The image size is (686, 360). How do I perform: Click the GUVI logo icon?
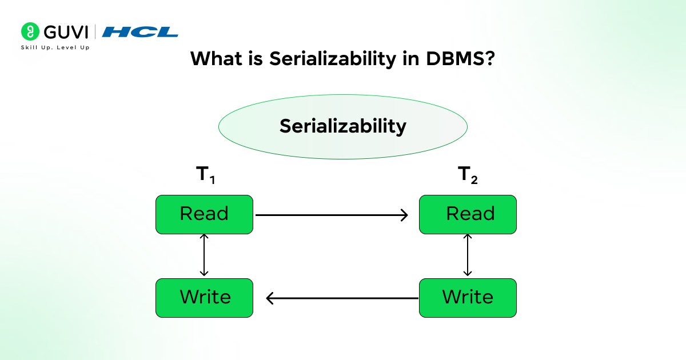coord(29,31)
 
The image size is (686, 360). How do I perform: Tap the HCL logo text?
coord(140,32)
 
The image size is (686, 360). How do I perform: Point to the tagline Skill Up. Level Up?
coord(55,47)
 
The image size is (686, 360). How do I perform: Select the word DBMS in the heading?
coord(446,58)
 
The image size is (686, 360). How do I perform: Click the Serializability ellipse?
coord(343,126)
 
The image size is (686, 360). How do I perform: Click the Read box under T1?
coord(204,214)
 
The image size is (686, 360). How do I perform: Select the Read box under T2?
coord(468,214)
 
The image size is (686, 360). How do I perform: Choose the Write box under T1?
coord(204,298)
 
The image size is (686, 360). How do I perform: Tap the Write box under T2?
coord(468,298)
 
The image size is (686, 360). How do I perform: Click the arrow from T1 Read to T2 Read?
coord(332,215)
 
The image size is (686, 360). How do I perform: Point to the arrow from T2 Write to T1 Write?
coord(343,298)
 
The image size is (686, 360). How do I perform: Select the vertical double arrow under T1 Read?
coord(205,255)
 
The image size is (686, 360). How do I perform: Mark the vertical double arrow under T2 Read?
coord(468,255)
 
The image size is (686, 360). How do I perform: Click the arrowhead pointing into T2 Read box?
coord(404,215)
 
